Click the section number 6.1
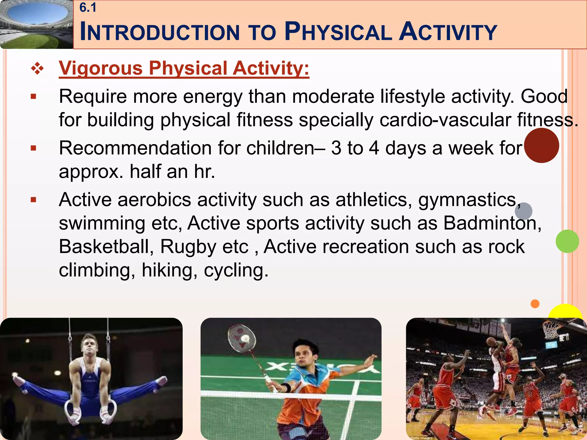click(x=88, y=8)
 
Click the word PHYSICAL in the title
click(x=338, y=32)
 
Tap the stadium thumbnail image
click(x=36, y=25)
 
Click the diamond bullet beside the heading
click(x=38, y=69)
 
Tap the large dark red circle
click(x=541, y=146)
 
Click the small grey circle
click(x=523, y=211)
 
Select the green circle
click(x=567, y=241)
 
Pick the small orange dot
click(x=535, y=304)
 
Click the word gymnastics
click(x=467, y=200)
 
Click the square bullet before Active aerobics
click(x=34, y=200)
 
